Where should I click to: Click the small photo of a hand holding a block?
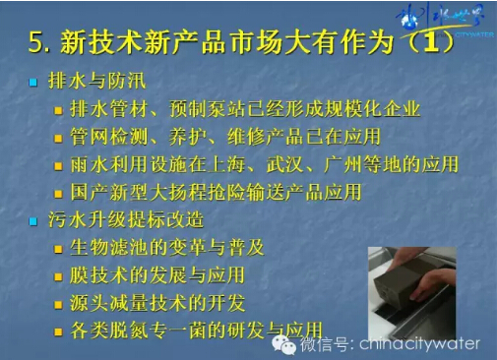pos(424,285)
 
